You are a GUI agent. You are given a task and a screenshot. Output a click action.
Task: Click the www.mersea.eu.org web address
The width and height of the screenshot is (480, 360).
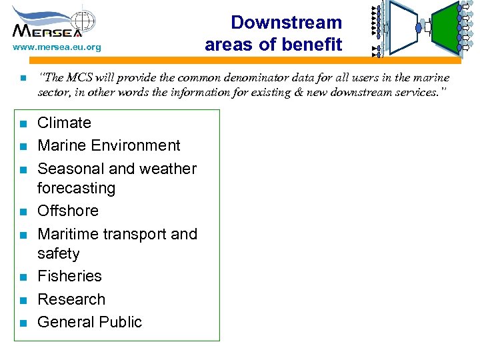[x=57, y=47]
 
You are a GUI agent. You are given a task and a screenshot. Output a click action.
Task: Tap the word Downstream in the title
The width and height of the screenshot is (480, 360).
[x=286, y=23]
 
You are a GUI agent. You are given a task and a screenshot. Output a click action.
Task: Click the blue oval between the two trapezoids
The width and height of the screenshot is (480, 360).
[x=419, y=28]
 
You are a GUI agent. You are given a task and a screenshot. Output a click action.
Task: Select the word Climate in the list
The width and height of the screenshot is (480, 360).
[x=64, y=123]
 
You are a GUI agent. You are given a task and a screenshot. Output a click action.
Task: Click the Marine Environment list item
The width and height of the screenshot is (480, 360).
[x=109, y=145]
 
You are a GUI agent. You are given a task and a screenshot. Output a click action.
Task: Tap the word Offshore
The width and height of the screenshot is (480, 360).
[x=67, y=211]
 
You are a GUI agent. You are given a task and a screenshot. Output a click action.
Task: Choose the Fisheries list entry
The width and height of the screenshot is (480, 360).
[x=69, y=276]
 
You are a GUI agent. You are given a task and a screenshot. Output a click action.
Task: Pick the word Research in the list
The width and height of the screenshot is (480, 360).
[x=71, y=299]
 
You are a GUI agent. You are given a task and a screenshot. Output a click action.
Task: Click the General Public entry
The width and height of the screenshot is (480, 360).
[x=89, y=322]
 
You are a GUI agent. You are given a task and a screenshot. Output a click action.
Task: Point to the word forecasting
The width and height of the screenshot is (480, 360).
[x=76, y=188]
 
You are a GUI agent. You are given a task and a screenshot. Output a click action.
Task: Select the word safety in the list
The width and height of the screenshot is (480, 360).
[x=58, y=253]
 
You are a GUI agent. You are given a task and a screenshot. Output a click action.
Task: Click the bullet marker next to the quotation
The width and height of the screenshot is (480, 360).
[x=22, y=79]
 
